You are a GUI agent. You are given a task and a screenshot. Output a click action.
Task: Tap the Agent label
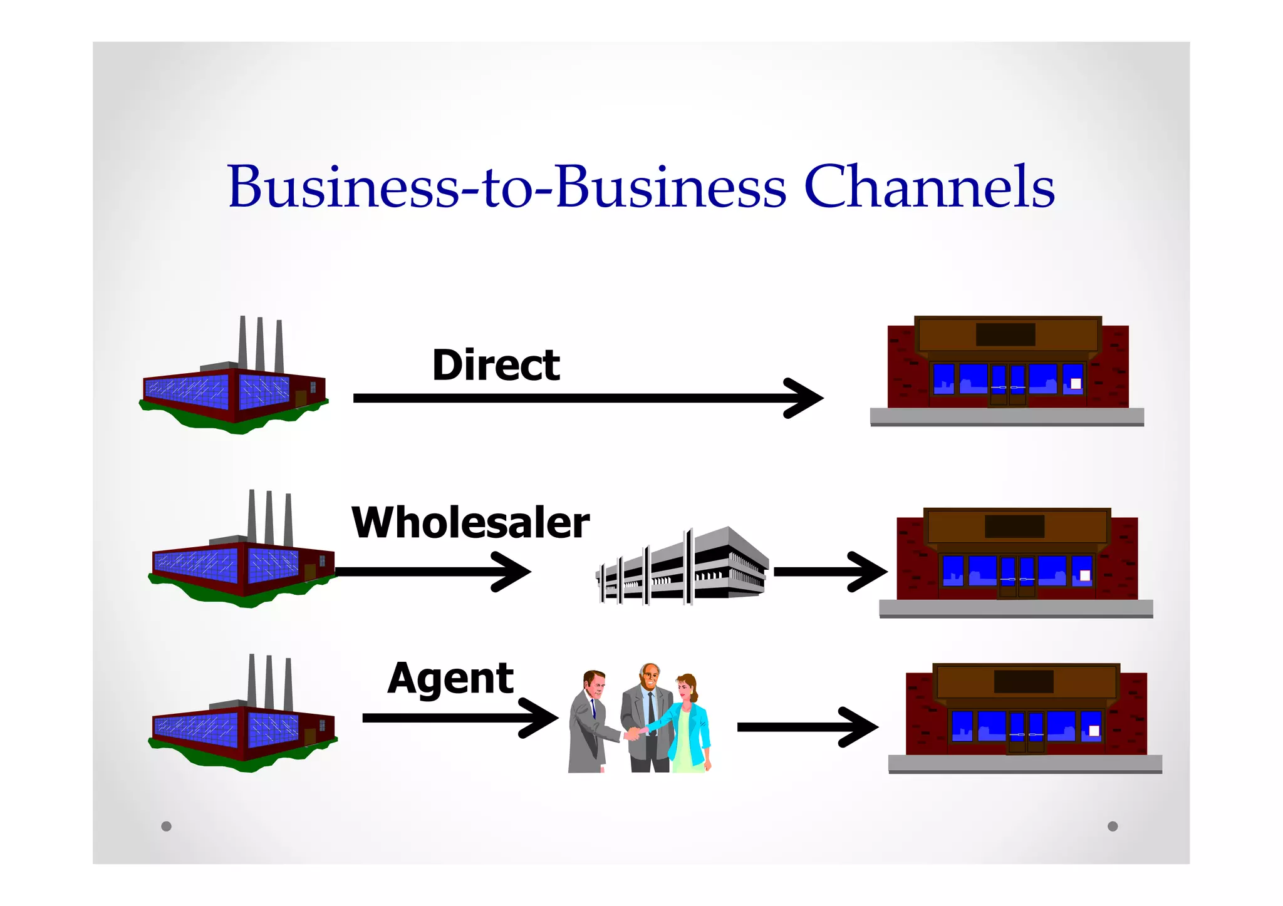(450, 678)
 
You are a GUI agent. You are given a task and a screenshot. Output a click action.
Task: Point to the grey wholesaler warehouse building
(683, 567)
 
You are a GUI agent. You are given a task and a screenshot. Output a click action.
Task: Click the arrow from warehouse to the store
(830, 571)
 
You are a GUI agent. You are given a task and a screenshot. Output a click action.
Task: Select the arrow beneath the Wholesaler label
(432, 571)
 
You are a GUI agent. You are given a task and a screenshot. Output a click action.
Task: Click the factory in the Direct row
(233, 388)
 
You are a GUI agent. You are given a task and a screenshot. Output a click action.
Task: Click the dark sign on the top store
(1005, 334)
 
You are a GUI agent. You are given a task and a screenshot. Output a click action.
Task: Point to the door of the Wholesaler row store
(1017, 576)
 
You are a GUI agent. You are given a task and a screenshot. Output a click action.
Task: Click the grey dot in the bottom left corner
(166, 826)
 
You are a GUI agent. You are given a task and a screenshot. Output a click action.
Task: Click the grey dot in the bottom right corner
(1113, 826)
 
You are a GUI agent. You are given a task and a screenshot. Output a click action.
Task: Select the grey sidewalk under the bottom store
(1025, 763)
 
